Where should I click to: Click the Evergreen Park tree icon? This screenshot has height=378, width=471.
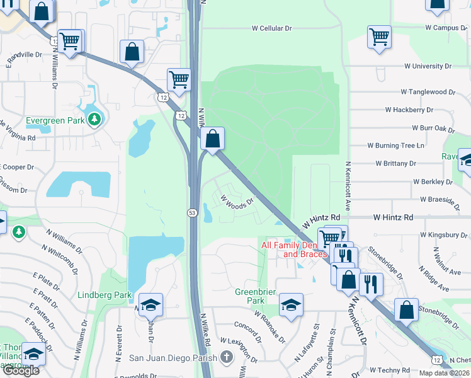point(94,118)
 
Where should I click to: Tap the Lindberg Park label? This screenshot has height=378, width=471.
point(105,295)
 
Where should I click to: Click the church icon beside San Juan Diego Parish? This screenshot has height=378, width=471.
point(227,358)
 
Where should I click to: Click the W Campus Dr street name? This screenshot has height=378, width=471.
point(446,28)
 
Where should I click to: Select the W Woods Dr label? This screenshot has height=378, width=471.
point(237,201)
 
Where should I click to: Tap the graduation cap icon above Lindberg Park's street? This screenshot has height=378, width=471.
point(151,305)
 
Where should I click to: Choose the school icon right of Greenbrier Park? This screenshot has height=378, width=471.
point(291,305)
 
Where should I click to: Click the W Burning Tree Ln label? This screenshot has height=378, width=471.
point(396,146)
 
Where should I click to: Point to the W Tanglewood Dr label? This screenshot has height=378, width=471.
point(429,92)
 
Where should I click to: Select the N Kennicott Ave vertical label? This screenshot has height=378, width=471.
point(347,186)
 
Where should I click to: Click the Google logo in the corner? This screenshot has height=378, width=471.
point(21,370)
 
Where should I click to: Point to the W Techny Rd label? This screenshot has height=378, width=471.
point(390,370)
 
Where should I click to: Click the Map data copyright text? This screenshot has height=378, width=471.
point(444,373)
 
